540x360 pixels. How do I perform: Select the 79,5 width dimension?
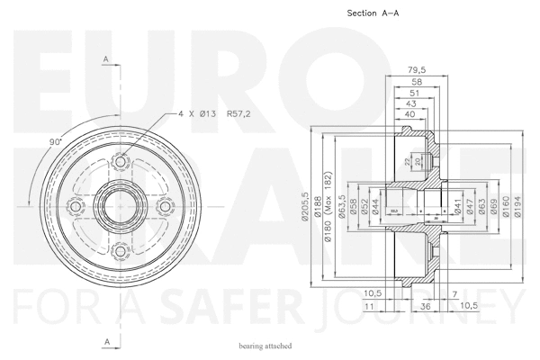pyautogui.click(x=416, y=69)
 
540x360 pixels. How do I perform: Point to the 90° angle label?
pyautogui.click(x=54, y=141)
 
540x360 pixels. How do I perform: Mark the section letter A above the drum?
pyautogui.click(x=105, y=58)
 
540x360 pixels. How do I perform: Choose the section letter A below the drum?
pyautogui.click(x=105, y=342)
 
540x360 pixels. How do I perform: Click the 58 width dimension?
pyautogui.click(x=415, y=81)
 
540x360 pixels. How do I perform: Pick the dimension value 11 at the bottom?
pyautogui.click(x=370, y=307)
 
